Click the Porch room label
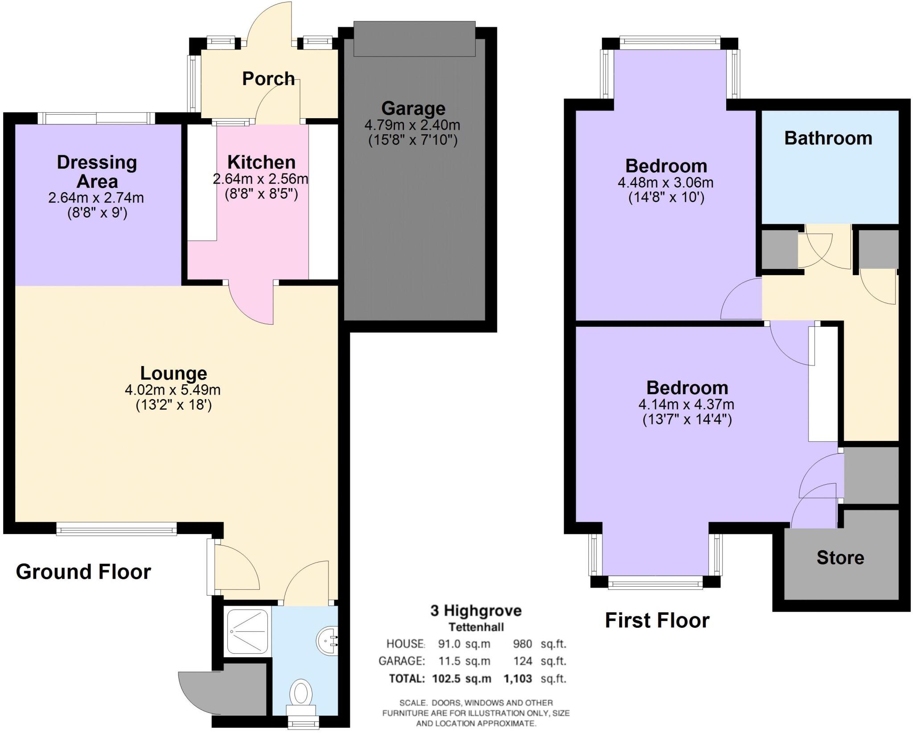click(268, 79)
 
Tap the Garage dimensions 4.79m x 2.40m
click(412, 125)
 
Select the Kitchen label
click(261, 162)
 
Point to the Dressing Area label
click(97, 172)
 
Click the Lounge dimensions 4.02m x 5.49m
click(173, 390)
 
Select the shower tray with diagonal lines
click(248, 632)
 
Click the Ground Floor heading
click(83, 572)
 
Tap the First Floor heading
click(657, 620)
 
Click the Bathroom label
click(828, 138)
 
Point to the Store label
click(840, 558)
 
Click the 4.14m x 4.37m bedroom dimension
click(686, 405)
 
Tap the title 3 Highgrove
click(476, 610)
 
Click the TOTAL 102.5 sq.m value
click(461, 679)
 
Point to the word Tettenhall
click(476, 627)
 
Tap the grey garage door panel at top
click(414, 39)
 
